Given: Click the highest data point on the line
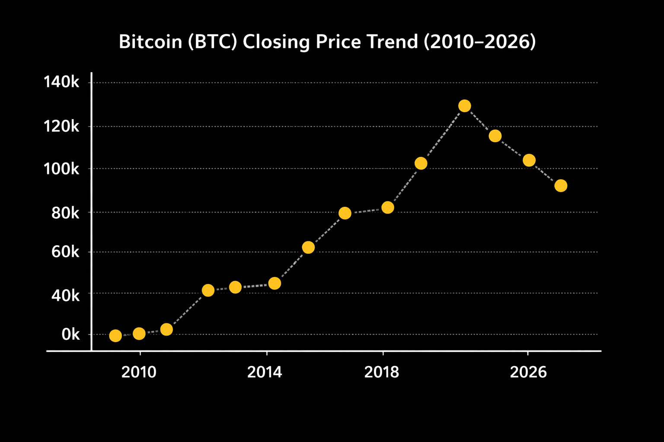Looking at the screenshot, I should (464, 106).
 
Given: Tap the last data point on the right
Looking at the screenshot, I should (561, 186).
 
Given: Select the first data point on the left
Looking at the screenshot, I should (115, 336).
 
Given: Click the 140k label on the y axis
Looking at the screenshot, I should (61, 82).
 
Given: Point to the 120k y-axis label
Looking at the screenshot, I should (61, 126).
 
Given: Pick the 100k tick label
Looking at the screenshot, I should (61, 169).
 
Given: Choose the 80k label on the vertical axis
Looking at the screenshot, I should (65, 212).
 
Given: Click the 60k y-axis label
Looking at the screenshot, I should (65, 252).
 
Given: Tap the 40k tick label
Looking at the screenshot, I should (65, 295).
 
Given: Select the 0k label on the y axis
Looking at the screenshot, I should (70, 335).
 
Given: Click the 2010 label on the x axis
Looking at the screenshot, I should (139, 372).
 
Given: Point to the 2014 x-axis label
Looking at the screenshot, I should (265, 372).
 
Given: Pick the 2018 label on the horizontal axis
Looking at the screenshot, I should (382, 372).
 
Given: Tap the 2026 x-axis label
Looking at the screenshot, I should (528, 372).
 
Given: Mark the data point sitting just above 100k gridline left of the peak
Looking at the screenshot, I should (421, 163).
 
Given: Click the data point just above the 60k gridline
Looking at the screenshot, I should (308, 247).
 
